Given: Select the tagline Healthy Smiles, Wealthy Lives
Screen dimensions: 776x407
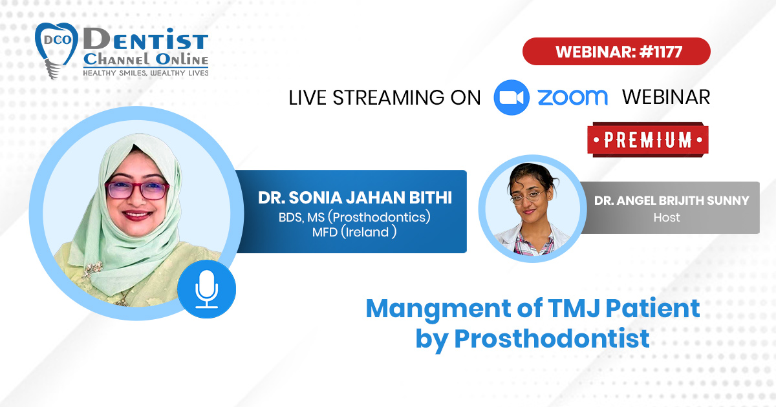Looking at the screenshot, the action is coord(145,73).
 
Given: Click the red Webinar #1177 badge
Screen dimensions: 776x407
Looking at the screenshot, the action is coord(616,52).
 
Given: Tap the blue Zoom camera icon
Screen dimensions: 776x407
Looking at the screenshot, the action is coord(512,98).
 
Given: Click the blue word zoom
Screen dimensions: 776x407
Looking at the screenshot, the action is coord(573,98).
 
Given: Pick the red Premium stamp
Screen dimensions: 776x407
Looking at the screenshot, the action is coord(648,140).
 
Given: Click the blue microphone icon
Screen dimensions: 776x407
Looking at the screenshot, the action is coord(207,289).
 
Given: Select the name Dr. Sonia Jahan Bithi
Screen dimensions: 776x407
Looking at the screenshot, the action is coord(355,198).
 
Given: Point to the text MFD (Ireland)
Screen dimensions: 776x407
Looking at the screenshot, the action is coord(354,232).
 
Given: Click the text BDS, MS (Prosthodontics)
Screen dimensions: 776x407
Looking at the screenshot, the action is coord(354,217).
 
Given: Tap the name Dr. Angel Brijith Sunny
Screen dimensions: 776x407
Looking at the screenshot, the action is coord(671,200).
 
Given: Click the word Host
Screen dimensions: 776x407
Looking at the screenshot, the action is coord(667,218).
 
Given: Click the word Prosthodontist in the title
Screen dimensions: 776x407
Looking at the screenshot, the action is coord(552,338).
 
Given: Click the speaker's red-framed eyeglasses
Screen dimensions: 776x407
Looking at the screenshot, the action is coord(137,191).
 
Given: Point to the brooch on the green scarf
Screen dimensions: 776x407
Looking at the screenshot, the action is coord(92,269).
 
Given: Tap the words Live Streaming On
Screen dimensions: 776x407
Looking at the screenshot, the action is coord(385,98).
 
